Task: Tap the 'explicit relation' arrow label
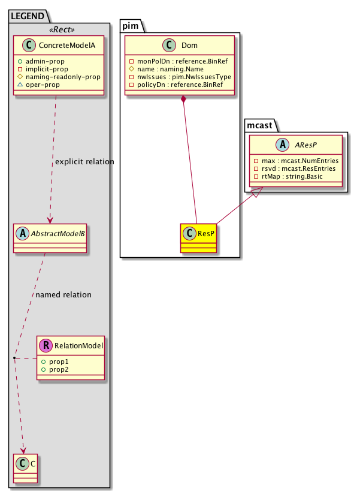[x=84, y=162]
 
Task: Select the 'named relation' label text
[x=63, y=295]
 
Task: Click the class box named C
[x=25, y=469]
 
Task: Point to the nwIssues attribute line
[x=180, y=77]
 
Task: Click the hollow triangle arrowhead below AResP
[x=256, y=193]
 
